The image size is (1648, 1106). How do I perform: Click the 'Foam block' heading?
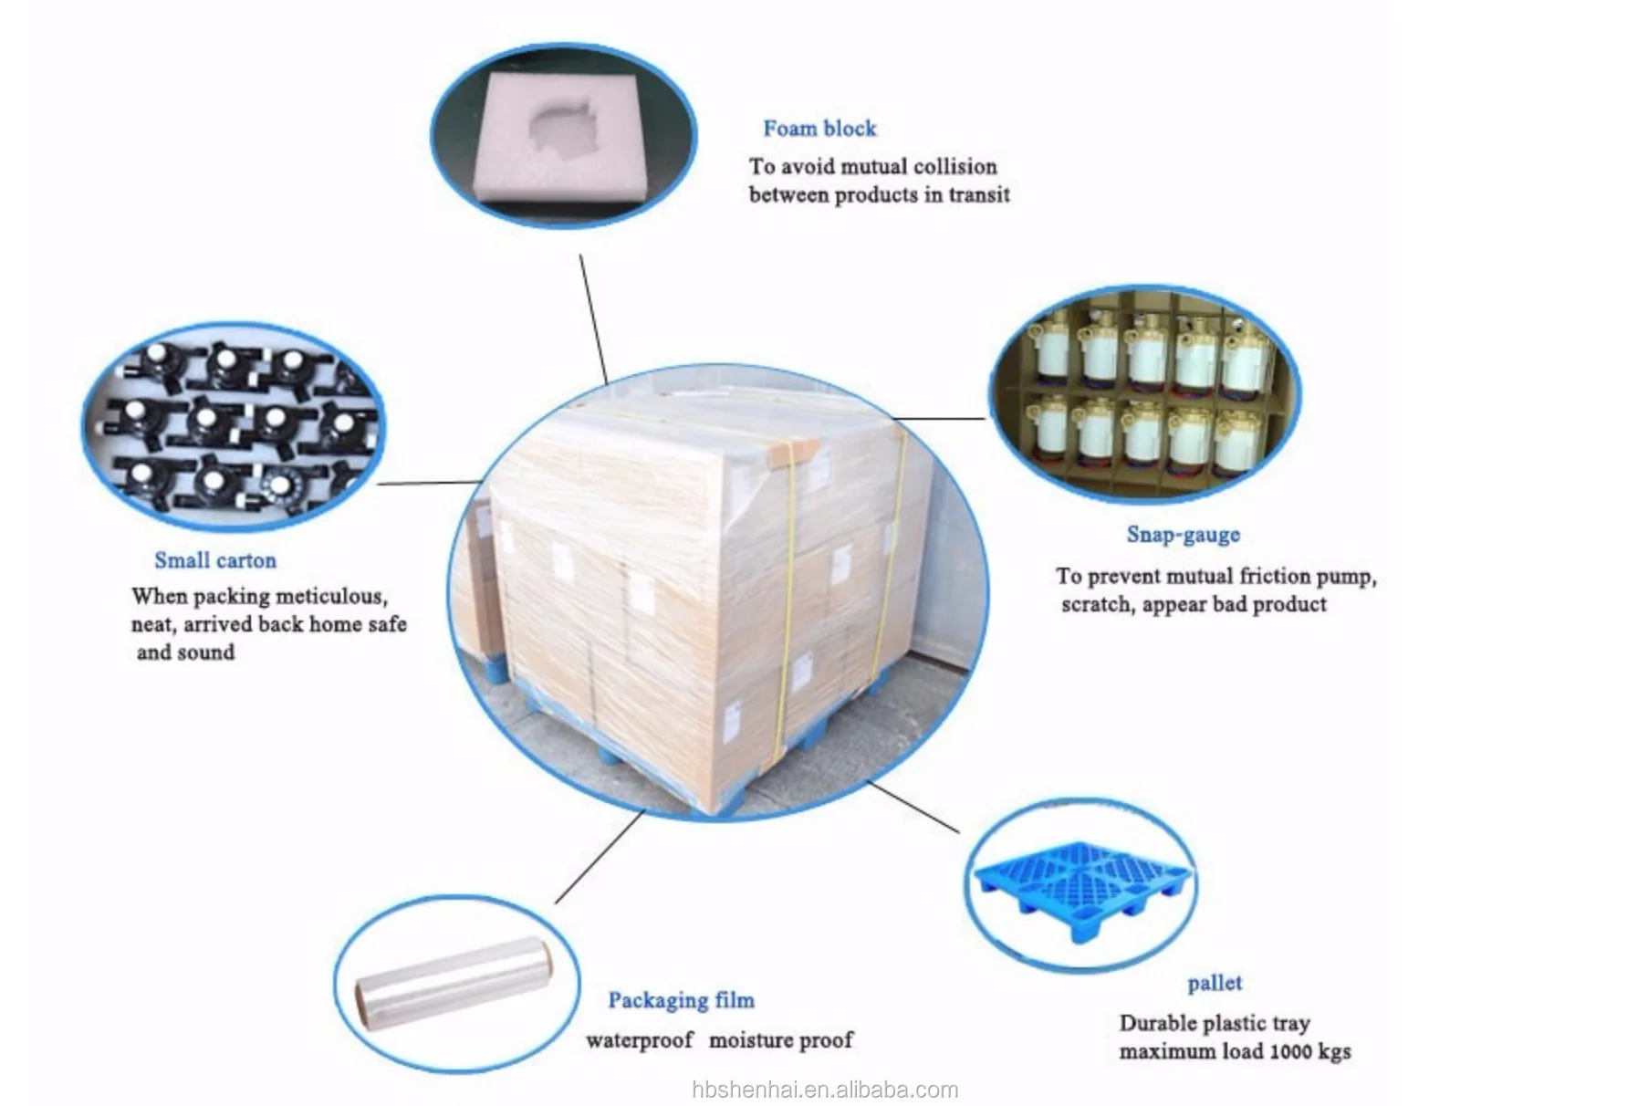click(x=819, y=129)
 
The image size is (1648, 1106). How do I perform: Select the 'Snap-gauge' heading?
click(x=1183, y=534)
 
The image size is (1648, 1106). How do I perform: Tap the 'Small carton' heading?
click(x=214, y=560)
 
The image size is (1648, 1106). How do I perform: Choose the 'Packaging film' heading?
click(x=681, y=1000)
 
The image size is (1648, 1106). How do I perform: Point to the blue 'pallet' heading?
click(x=1214, y=983)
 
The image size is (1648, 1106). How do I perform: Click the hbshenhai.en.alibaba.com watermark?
click(x=825, y=1090)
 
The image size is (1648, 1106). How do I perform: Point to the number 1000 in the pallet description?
click(x=1289, y=1051)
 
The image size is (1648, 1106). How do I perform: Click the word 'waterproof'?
click(x=639, y=1040)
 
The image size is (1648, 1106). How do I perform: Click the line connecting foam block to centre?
click(x=593, y=319)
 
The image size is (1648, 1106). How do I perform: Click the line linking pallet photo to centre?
click(x=913, y=807)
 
